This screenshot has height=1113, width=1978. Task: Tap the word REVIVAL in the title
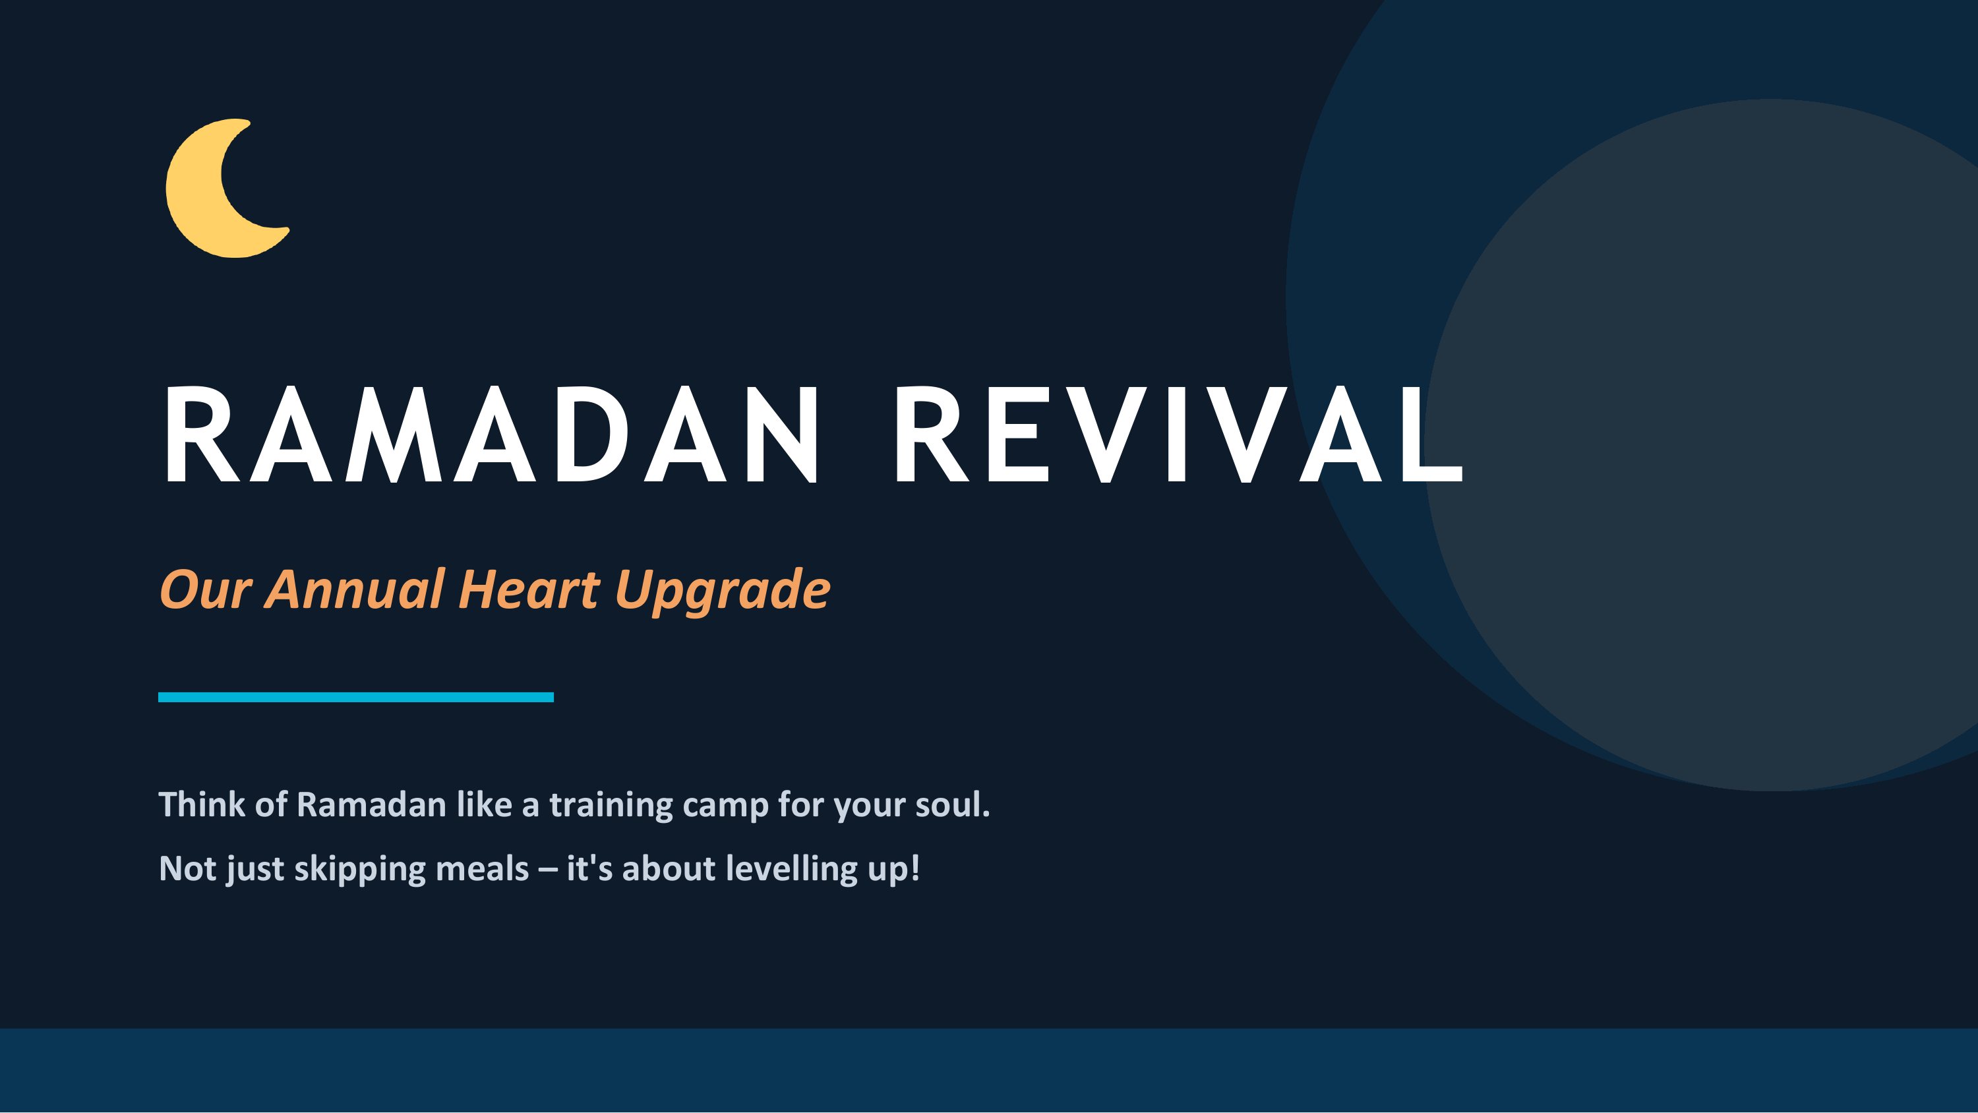(1179, 435)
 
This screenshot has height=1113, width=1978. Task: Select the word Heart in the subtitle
(529, 590)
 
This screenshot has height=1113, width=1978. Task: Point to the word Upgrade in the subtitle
(723, 591)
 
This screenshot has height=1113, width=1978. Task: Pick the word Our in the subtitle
(206, 590)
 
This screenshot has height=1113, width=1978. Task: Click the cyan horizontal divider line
(355, 697)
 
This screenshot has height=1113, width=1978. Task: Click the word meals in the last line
(482, 869)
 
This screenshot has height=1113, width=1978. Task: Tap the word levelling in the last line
(792, 870)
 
